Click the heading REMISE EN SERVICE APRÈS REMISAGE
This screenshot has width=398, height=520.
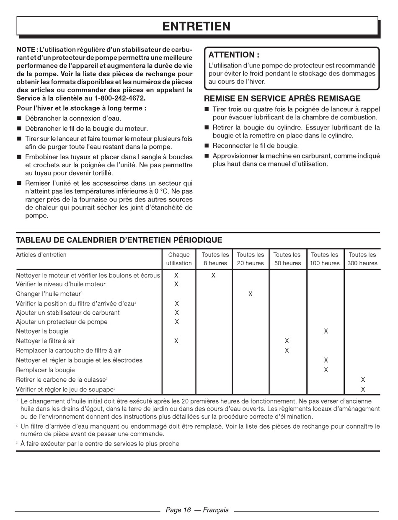[x=282, y=99]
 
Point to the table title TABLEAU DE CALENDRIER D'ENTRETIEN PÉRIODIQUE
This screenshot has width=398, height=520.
[x=119, y=240]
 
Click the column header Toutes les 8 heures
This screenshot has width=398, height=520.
[x=215, y=259]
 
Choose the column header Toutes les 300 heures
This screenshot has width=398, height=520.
[x=362, y=259]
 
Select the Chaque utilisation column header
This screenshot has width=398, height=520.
[x=179, y=259]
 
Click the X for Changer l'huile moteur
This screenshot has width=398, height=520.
[x=251, y=294]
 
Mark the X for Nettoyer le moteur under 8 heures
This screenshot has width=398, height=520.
[x=214, y=275]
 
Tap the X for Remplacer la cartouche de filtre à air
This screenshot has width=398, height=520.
[x=287, y=350]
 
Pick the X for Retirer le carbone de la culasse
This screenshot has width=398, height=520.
[x=363, y=380]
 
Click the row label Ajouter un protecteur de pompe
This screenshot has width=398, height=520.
[x=62, y=322]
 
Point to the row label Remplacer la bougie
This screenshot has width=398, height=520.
[x=45, y=370]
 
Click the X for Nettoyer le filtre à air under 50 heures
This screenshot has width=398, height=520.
[x=287, y=341]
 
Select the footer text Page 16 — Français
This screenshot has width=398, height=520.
[x=197, y=510]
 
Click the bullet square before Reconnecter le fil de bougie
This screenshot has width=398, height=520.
[x=207, y=146]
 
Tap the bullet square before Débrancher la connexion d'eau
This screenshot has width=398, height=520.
[x=19, y=119]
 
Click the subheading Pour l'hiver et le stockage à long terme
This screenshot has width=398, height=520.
[x=81, y=108]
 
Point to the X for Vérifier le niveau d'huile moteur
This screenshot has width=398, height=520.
[x=176, y=284]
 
